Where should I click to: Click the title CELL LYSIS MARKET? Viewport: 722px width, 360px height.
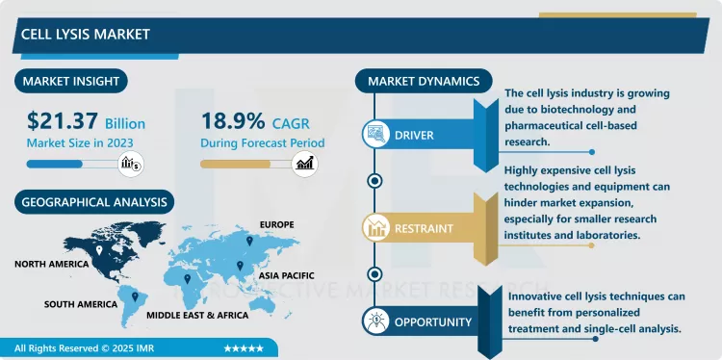(86, 34)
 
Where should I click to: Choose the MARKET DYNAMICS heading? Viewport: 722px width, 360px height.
(424, 81)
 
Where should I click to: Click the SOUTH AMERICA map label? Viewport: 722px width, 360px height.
(81, 304)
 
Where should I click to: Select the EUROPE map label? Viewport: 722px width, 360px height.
(275, 224)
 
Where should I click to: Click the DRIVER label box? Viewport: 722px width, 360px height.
(415, 135)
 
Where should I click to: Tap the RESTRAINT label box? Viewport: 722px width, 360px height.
(425, 228)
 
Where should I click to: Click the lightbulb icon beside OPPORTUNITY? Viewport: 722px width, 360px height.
(374, 321)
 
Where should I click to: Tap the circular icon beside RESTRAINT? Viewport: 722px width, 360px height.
(374, 228)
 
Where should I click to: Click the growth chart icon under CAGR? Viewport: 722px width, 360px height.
(306, 164)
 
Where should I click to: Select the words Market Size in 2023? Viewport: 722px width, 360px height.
(79, 142)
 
